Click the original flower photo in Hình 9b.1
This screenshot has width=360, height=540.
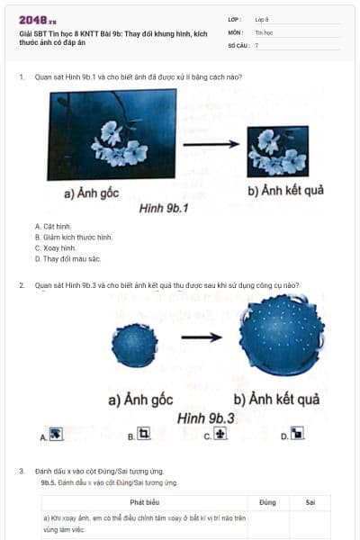(113, 135)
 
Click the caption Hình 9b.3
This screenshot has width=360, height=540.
(206, 418)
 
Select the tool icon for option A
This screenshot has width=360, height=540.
(56, 435)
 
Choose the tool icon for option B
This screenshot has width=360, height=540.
(142, 435)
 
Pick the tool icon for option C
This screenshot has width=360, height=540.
(220, 435)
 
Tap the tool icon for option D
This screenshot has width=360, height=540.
(297, 435)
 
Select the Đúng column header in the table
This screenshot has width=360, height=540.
(267, 502)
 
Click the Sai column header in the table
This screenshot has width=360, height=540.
(310, 502)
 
